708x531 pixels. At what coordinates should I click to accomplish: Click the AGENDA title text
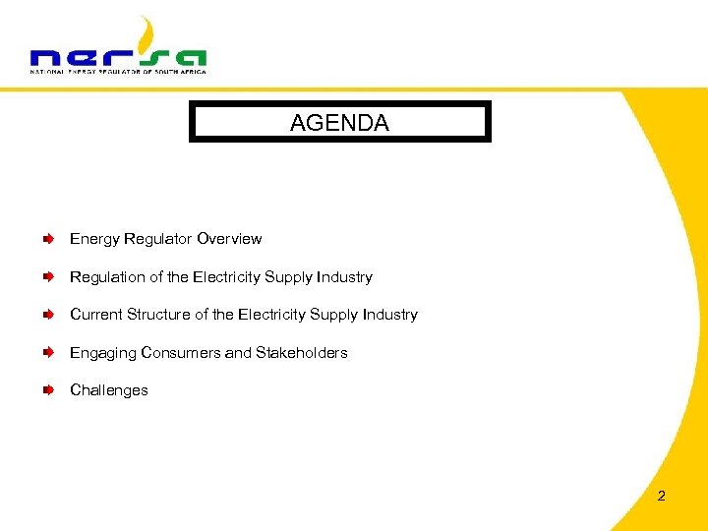(x=339, y=123)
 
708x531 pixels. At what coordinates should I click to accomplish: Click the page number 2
(x=661, y=496)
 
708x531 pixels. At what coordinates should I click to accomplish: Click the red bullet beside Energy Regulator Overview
(x=48, y=239)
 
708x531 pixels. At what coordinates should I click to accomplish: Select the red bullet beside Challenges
(x=48, y=390)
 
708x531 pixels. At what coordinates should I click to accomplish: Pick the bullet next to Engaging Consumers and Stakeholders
(x=48, y=353)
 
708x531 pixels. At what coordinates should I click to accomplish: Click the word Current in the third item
(x=96, y=315)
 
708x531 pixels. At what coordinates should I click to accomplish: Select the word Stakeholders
(x=302, y=353)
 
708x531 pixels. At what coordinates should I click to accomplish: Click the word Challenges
(x=109, y=390)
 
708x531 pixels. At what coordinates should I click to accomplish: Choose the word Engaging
(x=103, y=353)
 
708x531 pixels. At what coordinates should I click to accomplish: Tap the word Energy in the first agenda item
(x=94, y=239)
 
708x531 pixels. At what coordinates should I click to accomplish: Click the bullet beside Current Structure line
(x=48, y=315)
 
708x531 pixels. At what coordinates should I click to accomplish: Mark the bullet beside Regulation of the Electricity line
(x=48, y=277)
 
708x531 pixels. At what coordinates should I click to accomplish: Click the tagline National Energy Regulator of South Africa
(x=118, y=71)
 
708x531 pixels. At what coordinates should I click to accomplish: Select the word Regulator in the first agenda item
(x=158, y=239)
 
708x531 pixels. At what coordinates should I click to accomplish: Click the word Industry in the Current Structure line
(x=390, y=315)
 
